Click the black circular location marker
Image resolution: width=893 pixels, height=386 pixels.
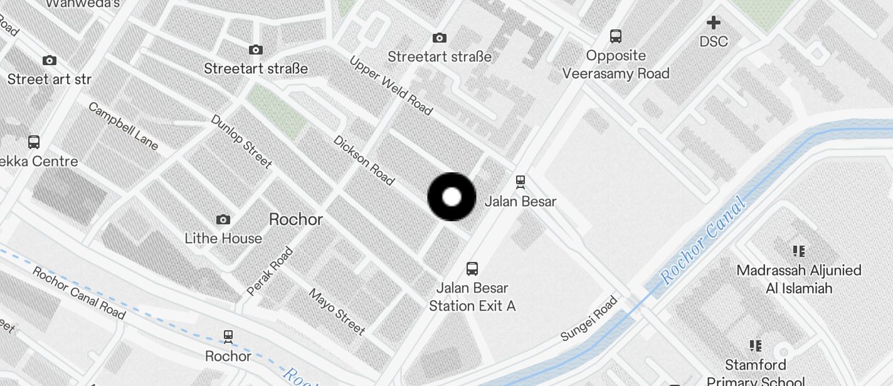(452, 197)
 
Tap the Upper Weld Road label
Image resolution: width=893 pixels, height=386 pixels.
(391, 86)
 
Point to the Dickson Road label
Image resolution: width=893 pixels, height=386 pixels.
(364, 160)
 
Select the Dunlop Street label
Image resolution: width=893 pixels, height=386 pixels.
(241, 141)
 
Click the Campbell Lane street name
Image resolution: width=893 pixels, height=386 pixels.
(123, 126)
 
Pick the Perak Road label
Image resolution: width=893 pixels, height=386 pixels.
(270, 271)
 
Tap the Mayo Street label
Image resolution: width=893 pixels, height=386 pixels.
(337, 311)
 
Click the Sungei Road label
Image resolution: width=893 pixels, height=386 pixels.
(589, 318)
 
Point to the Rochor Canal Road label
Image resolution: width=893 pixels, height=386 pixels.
(78, 292)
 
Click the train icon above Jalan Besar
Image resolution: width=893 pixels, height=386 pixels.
(520, 182)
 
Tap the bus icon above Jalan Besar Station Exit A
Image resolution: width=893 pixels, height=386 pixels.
(472, 269)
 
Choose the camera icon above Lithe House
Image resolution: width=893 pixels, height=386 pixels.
(223, 219)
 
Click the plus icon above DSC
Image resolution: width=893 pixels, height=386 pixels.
(714, 23)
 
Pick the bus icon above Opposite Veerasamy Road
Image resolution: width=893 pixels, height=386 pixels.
(616, 36)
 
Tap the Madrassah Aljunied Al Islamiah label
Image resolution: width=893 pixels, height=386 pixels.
(799, 279)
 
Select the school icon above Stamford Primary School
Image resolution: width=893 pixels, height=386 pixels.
(755, 345)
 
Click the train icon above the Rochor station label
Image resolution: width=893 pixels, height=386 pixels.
(228, 336)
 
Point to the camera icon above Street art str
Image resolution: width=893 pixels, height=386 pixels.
(49, 60)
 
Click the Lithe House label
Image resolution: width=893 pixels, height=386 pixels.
(223, 238)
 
